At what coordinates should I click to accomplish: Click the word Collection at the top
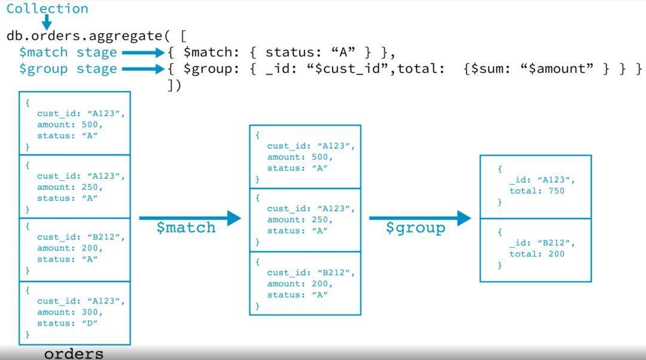point(47,9)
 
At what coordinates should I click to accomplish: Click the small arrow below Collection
point(47,23)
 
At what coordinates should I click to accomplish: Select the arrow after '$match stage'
point(143,53)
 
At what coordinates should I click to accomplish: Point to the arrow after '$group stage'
point(143,69)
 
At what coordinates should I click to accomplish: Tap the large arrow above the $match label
point(190,218)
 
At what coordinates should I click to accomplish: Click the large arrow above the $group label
point(420,218)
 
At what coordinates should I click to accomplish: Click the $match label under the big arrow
point(186,228)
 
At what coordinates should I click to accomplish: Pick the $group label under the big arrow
point(416,228)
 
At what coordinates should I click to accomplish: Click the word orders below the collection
point(74,353)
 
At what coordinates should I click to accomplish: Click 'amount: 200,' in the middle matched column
point(300,284)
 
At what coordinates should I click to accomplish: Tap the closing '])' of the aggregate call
point(174,85)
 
